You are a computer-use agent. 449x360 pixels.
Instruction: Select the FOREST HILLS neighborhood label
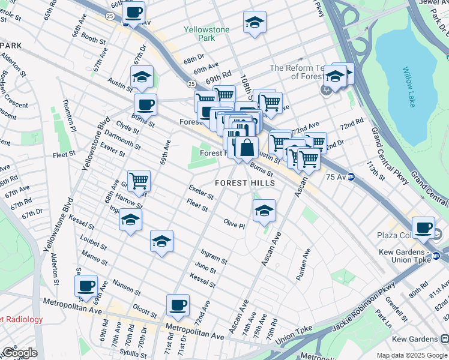point(246,183)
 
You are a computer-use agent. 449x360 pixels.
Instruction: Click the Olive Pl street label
point(234,223)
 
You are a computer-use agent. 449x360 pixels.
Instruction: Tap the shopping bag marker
point(247,147)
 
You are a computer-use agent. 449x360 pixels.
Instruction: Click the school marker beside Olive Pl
point(264,210)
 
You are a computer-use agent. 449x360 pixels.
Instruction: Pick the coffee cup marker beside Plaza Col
point(424,227)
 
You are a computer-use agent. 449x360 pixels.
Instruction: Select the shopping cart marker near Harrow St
point(139,180)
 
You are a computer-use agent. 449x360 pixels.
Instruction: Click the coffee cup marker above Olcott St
point(178,305)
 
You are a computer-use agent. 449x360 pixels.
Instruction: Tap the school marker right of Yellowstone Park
point(255,22)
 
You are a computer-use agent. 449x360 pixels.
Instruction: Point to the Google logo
point(19,353)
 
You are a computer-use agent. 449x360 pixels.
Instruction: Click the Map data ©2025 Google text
point(411,355)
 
